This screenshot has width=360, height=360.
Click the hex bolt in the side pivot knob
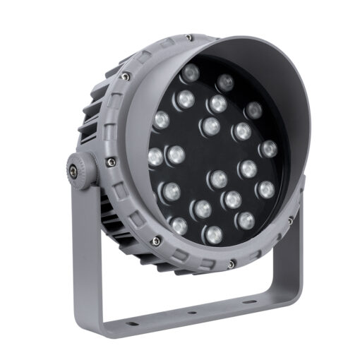(73, 169)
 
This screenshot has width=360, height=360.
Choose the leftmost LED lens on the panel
(155, 157)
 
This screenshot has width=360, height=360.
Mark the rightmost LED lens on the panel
(268, 149)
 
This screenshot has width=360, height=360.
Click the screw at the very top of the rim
(188, 37)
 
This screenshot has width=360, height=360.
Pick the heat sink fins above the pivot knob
(95, 113)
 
